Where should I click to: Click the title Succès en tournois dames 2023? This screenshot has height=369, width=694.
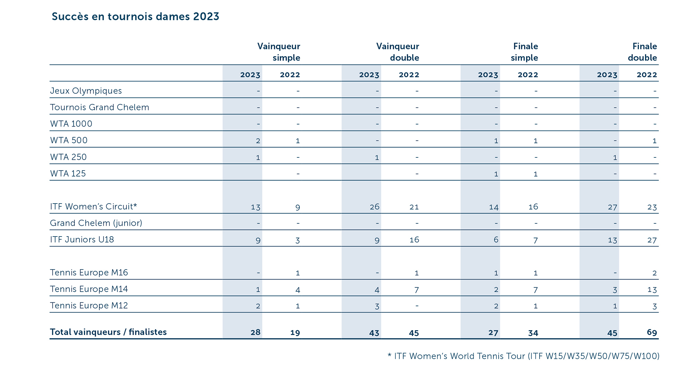click(135, 16)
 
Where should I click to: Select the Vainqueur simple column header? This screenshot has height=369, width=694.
click(279, 52)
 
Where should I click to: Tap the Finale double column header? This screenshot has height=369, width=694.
click(642, 52)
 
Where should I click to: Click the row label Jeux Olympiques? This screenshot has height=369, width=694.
click(86, 91)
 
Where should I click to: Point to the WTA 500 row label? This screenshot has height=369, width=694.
click(69, 140)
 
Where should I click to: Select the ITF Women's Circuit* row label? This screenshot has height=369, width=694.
click(94, 207)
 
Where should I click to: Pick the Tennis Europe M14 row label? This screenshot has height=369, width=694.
click(89, 289)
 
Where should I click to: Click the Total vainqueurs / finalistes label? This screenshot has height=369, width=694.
click(108, 332)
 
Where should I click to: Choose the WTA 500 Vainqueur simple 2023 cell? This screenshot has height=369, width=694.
click(258, 141)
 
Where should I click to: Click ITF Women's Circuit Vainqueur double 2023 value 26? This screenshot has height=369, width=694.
click(374, 207)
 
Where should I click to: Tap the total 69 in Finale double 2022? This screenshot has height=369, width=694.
click(652, 333)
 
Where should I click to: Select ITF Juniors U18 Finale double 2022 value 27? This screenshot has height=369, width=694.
click(652, 240)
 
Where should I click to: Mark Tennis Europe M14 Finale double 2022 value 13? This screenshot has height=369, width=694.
click(652, 290)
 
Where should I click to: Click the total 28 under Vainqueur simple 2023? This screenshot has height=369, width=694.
click(255, 333)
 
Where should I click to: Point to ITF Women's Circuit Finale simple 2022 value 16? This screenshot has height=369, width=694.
click(533, 207)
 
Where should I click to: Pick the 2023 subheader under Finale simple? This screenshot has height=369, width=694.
click(488, 75)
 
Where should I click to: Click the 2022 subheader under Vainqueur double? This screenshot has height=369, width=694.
click(409, 75)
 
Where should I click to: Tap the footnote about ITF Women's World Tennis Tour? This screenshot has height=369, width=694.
click(523, 356)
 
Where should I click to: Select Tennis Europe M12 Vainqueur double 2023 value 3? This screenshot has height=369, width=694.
click(377, 306)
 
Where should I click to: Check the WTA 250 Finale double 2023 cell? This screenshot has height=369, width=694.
click(615, 157)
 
